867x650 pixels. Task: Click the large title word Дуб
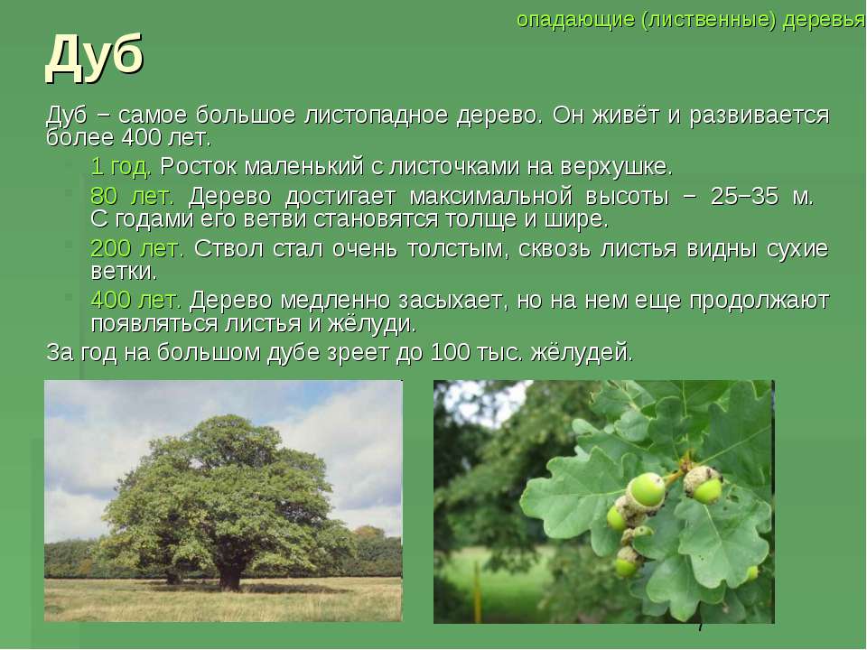tap(95, 58)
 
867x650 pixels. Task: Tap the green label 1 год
tap(120, 166)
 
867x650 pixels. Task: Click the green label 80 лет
tap(132, 196)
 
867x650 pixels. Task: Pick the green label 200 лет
tap(137, 249)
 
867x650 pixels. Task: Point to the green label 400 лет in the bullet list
tap(136, 300)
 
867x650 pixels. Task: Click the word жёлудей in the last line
tap(581, 352)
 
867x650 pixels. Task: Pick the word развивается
tap(760, 115)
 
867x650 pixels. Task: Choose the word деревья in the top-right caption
tap(824, 20)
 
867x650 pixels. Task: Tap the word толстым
tap(456, 249)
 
